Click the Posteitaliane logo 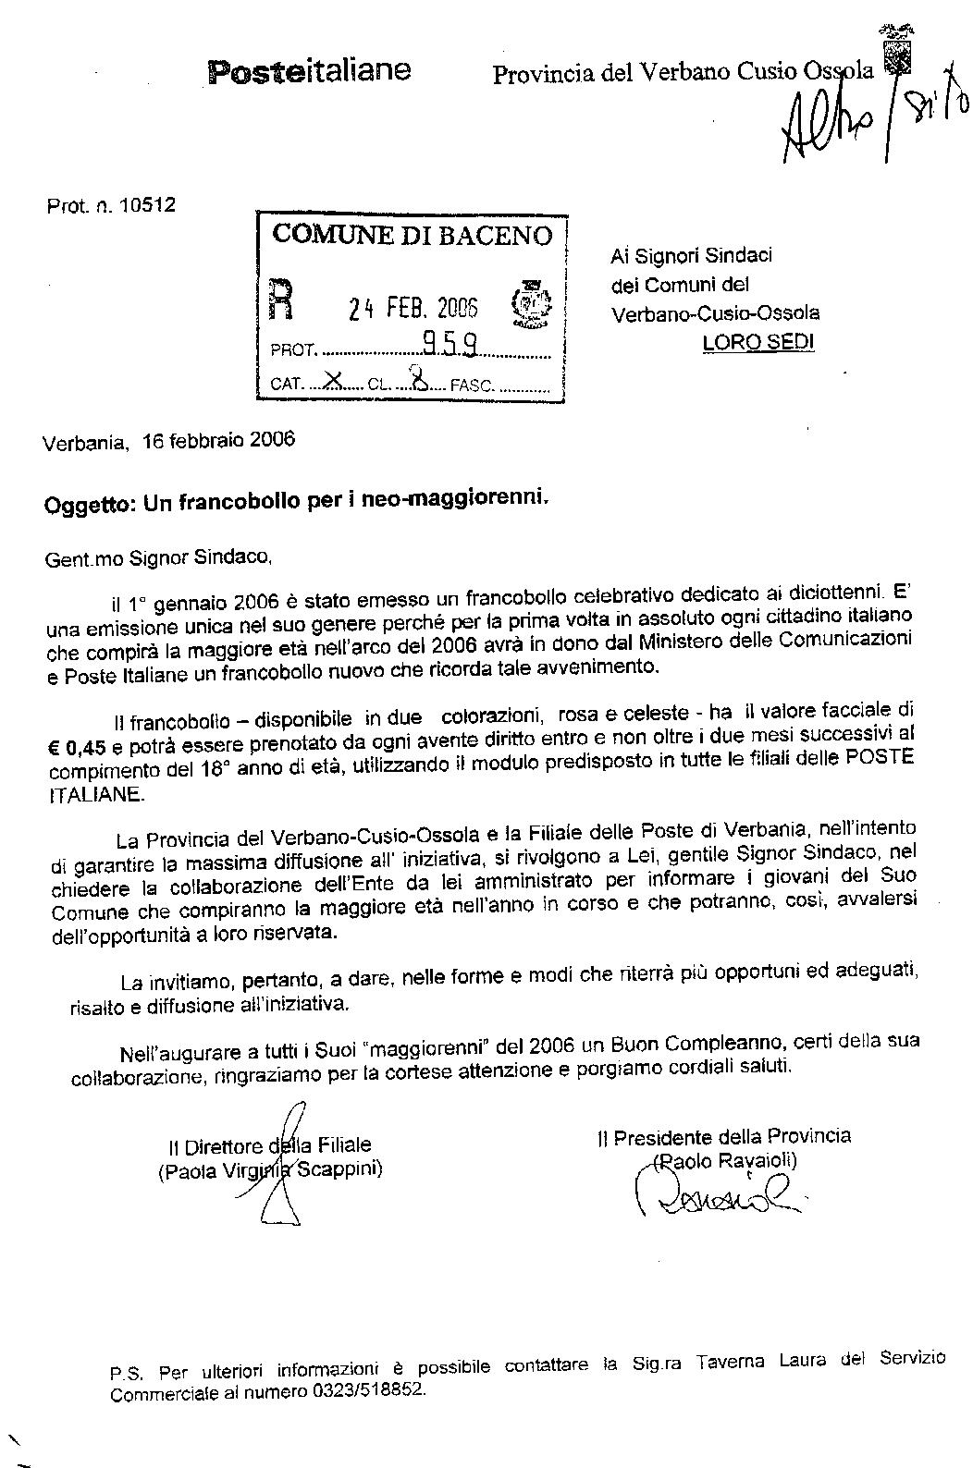click(310, 70)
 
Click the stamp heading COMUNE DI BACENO click(412, 235)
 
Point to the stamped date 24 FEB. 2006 click(413, 309)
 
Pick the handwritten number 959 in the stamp click(450, 345)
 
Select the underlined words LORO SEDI click(758, 342)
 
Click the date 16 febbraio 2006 click(219, 440)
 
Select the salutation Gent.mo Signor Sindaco click(157, 557)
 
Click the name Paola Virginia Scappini click(270, 1170)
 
